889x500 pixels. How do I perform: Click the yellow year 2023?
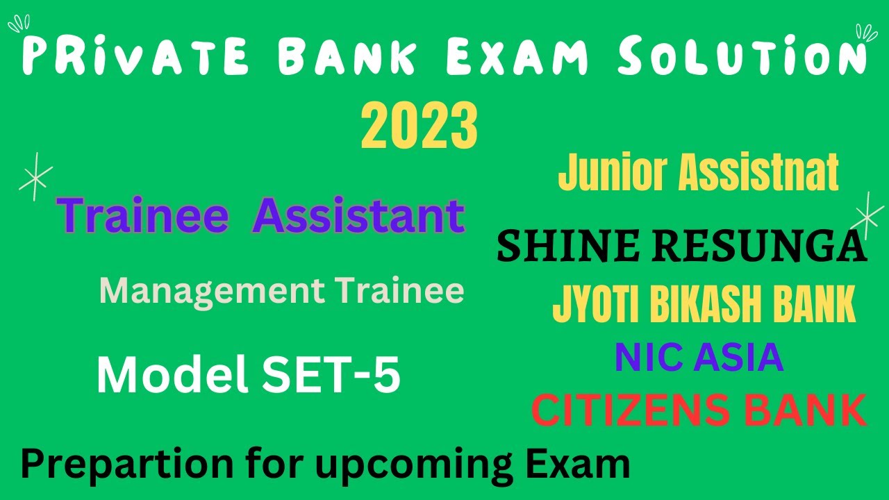point(419,126)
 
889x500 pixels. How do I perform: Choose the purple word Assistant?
point(358,216)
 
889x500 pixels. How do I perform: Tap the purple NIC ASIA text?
point(699,358)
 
